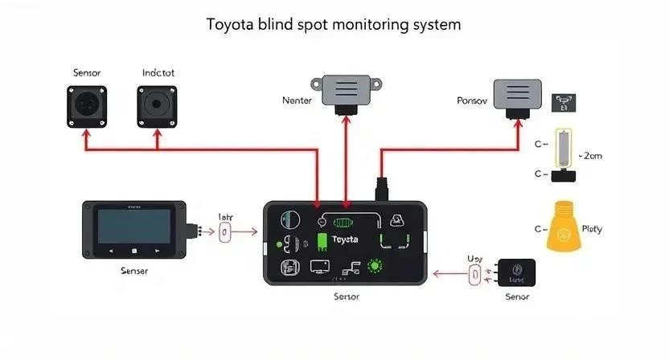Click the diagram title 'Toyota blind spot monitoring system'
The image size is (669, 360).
click(334, 24)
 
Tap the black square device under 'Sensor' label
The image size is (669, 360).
click(87, 108)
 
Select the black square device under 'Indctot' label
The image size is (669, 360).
click(157, 108)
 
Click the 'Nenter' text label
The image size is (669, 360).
click(297, 100)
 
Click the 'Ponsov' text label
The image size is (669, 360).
click(471, 101)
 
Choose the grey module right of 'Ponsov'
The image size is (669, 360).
click(517, 96)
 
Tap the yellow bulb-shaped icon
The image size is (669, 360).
click(564, 229)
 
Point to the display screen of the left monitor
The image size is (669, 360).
click(133, 226)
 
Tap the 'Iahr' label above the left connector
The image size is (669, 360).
click(225, 216)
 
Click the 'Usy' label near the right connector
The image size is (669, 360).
click(474, 259)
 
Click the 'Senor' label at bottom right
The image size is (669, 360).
click(517, 297)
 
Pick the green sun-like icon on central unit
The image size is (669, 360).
click(375, 267)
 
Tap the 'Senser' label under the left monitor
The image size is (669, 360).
click(133, 271)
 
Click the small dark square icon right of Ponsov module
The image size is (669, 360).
click(564, 102)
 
